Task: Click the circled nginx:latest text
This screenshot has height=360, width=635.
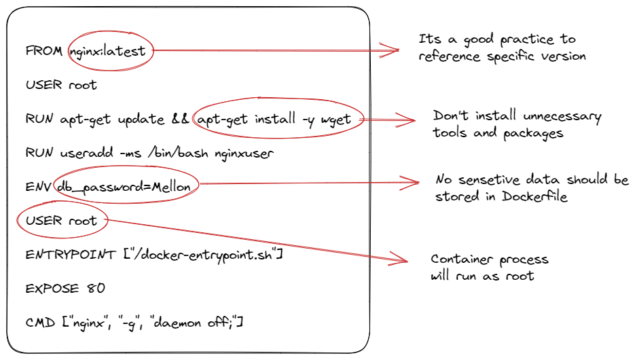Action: (111, 51)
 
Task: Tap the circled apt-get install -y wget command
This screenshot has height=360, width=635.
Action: (277, 120)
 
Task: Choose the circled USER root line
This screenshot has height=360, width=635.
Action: (61, 221)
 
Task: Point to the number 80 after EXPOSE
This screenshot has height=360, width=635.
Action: (96, 288)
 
